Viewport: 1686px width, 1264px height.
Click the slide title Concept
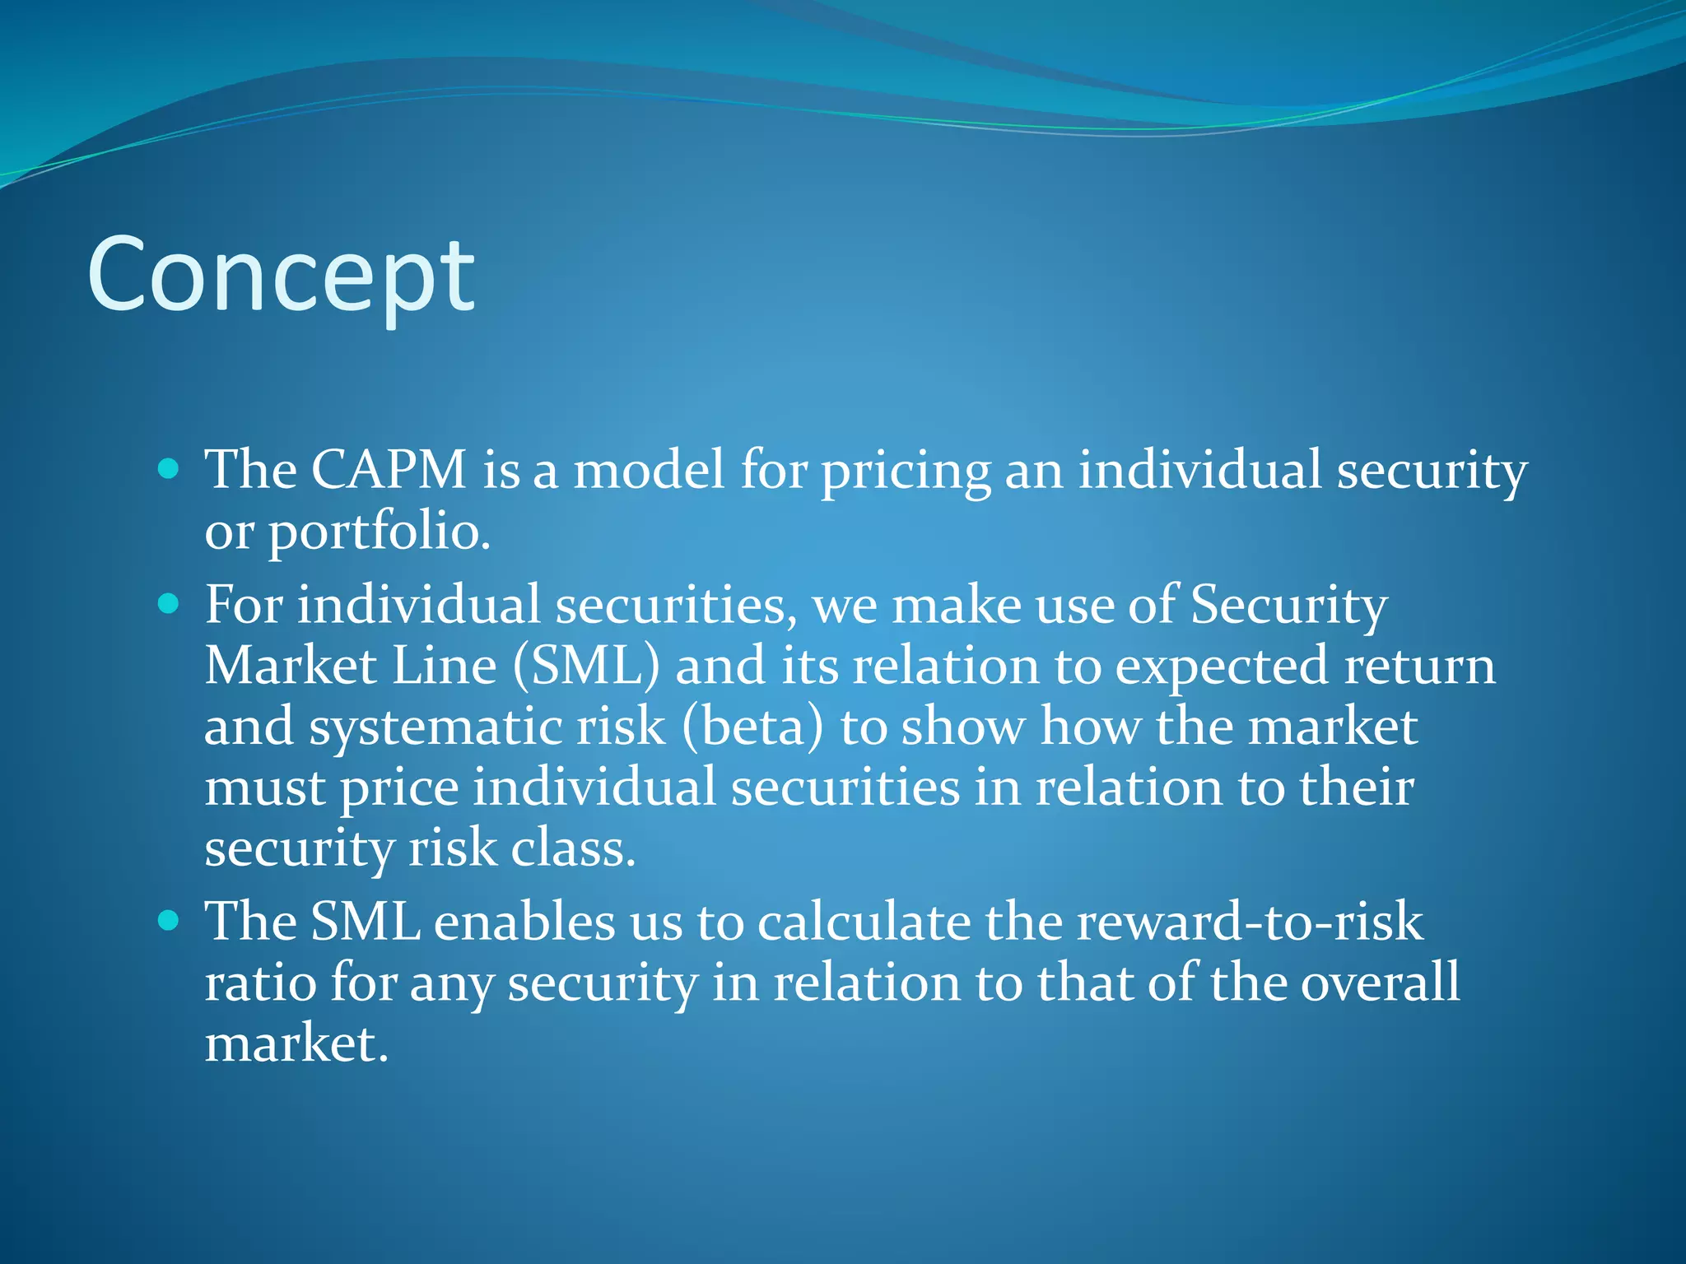click(x=281, y=276)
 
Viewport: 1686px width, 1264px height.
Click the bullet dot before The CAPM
click(x=168, y=470)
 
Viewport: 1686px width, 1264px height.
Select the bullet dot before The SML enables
click(x=168, y=921)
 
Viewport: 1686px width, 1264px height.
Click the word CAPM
click(x=389, y=470)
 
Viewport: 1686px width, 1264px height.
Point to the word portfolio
click(x=380, y=532)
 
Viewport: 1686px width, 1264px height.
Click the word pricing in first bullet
click(x=906, y=472)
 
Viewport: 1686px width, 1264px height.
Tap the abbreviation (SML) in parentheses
click(x=586, y=666)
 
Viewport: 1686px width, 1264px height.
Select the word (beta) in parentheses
click(x=752, y=727)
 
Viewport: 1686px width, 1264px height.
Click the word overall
click(x=1380, y=982)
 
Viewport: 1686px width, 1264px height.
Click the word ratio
click(x=260, y=982)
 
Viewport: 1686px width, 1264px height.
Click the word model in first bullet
click(x=649, y=470)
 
